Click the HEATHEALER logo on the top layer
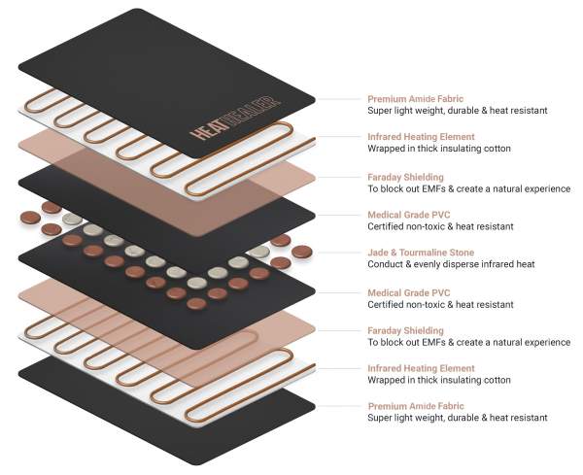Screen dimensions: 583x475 tap(235, 119)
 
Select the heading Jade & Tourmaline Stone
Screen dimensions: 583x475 tap(421, 253)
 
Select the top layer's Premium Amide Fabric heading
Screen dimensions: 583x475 tap(416, 99)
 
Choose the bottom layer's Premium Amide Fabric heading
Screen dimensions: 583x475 tap(416, 406)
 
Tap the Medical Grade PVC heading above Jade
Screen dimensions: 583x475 tap(409, 215)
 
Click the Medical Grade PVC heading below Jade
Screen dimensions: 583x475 tap(409, 293)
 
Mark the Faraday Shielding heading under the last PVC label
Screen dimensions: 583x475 tap(405, 331)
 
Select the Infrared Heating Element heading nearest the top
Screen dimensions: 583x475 tap(422, 137)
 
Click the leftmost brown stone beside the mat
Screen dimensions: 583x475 tap(30, 218)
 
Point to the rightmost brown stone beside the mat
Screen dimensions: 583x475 tap(302, 252)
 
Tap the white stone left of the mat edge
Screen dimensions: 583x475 tap(73, 219)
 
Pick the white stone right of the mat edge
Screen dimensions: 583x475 tap(259, 252)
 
